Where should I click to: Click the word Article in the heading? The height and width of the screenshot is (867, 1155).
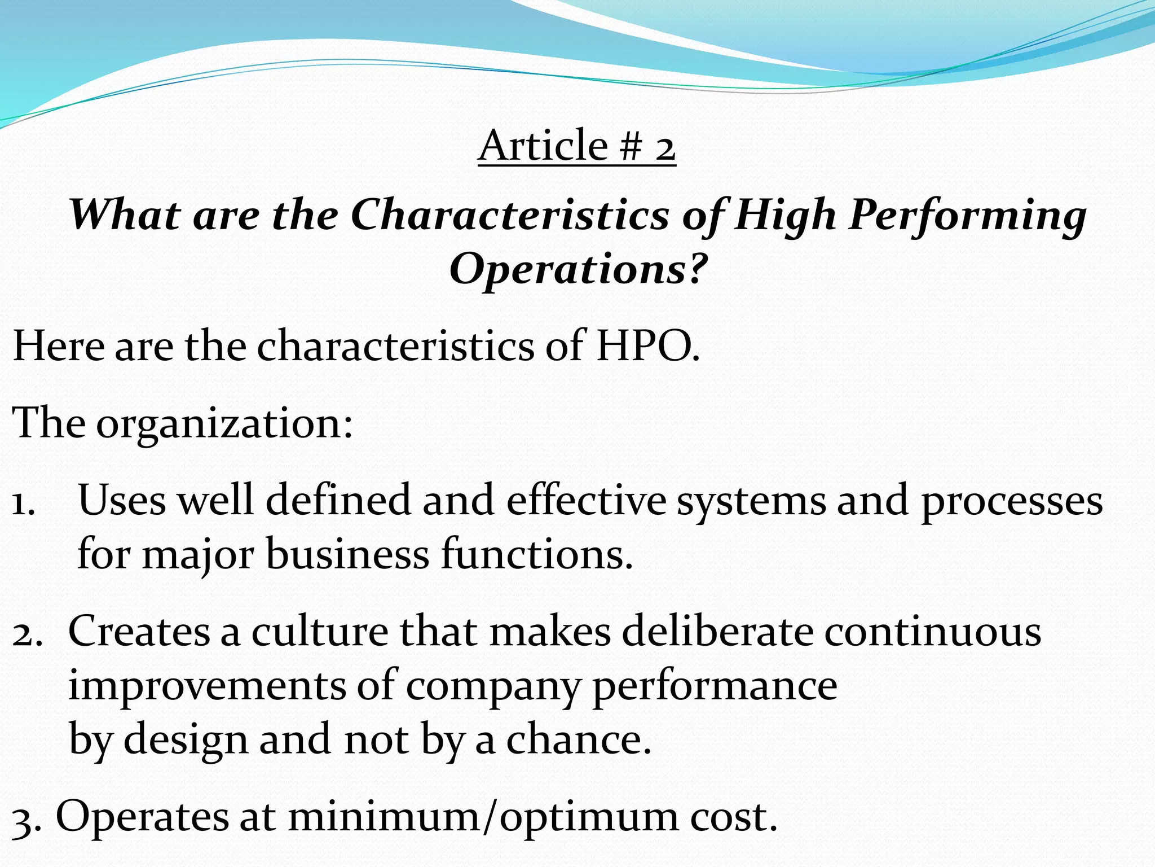543,146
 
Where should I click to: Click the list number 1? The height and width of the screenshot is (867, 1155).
23,501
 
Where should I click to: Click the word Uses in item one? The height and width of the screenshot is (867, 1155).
122,500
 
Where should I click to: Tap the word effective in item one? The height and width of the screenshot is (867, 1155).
586,500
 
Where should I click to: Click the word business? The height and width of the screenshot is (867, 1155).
347,554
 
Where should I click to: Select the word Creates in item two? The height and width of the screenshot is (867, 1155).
139,631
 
